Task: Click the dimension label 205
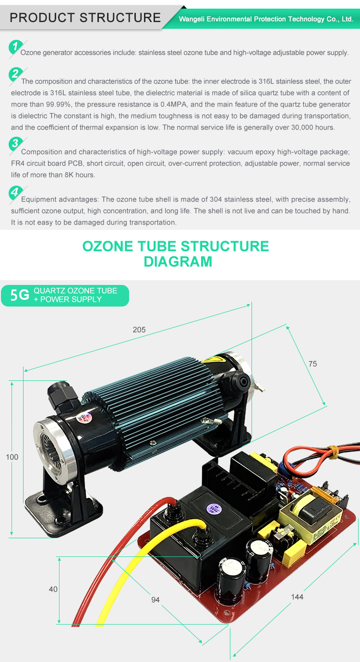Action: pyautogui.click(x=139, y=330)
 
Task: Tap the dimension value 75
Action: pyautogui.click(x=312, y=364)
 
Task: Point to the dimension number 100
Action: pyautogui.click(x=12, y=457)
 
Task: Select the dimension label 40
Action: pyautogui.click(x=53, y=589)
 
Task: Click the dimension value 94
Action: pyautogui.click(x=156, y=599)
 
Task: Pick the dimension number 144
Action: pyautogui.click(x=297, y=597)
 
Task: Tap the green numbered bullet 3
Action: pyautogui.click(x=15, y=143)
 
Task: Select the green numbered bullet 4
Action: pyautogui.click(x=15, y=192)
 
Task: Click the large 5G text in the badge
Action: pyautogui.click(x=20, y=295)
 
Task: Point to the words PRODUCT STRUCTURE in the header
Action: pyautogui.click(x=85, y=18)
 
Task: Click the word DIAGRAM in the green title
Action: pyautogui.click(x=178, y=261)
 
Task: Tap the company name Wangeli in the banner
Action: pyautogui.click(x=192, y=19)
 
